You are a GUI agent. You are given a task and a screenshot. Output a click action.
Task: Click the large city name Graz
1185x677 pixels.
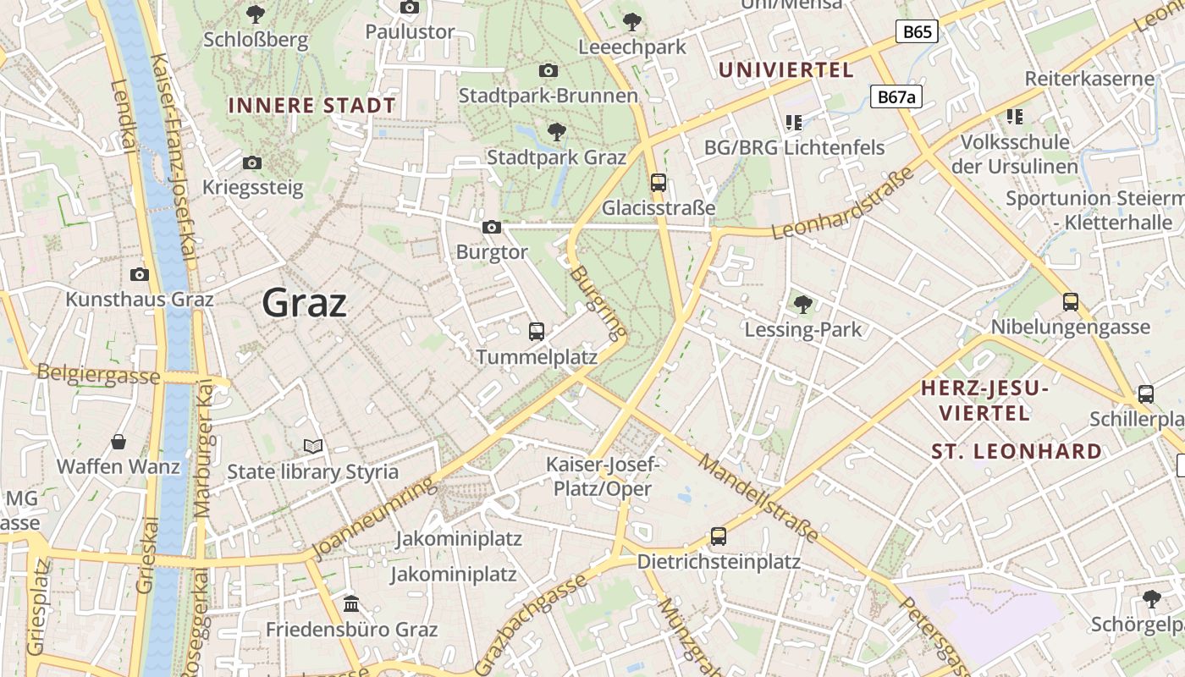(305, 302)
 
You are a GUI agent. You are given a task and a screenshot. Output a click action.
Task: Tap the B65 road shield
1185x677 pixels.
(917, 32)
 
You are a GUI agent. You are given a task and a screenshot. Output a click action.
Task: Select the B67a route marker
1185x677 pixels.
(896, 97)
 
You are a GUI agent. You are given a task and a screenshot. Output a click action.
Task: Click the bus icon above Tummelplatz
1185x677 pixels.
(537, 331)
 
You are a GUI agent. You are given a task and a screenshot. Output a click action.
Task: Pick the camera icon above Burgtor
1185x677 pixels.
(491, 227)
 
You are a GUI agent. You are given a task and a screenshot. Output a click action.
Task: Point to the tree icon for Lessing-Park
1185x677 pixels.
(802, 304)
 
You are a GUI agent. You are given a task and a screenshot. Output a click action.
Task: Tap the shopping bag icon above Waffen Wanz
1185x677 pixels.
(118, 442)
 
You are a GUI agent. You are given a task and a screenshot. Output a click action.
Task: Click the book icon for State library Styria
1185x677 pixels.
(313, 446)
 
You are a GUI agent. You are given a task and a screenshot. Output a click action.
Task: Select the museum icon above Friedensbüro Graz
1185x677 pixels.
(351, 604)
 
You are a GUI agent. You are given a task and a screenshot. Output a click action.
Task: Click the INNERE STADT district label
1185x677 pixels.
(311, 106)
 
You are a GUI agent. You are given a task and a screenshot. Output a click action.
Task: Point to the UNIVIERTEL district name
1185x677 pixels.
(785, 69)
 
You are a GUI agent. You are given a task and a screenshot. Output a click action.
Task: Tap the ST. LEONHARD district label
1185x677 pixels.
(1017, 451)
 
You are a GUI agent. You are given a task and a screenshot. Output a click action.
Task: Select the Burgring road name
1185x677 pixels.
(598, 301)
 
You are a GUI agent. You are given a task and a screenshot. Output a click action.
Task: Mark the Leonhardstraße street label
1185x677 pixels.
(844, 203)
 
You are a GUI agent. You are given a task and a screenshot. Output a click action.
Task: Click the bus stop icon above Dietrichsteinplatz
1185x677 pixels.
(719, 536)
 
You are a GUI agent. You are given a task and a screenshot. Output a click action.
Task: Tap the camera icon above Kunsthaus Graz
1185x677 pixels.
(140, 274)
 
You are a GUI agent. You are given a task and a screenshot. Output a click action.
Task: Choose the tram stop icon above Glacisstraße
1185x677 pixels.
(659, 182)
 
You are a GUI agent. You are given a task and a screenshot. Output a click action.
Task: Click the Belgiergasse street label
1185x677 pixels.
(98, 375)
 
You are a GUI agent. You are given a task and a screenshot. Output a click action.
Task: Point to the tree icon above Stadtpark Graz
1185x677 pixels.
(556, 131)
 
